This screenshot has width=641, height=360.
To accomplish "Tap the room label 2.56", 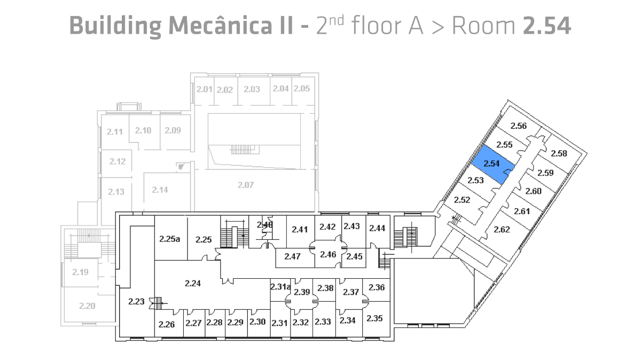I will click(519, 127).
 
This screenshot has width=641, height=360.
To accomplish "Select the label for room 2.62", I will click(502, 230).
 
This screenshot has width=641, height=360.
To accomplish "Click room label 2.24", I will click(192, 284).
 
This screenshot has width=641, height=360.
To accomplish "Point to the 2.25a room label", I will click(169, 239).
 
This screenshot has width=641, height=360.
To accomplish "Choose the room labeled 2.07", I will click(245, 185).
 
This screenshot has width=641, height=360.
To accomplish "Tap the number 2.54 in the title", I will click(546, 25).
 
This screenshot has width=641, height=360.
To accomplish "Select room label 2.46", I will click(327, 254).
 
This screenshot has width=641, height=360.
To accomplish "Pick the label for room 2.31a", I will click(280, 287).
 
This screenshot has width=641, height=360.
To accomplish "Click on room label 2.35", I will click(375, 318).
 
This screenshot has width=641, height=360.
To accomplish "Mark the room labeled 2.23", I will click(136, 302).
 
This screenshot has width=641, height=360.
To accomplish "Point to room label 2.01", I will click(205, 89).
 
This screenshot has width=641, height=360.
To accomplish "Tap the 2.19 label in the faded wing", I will click(80, 272).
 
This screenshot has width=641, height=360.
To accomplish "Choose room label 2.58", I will click(559, 154).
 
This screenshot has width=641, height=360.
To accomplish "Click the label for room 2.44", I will click(377, 228).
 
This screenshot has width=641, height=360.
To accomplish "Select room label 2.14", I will click(160, 190).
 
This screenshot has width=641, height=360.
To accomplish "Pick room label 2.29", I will click(235, 322).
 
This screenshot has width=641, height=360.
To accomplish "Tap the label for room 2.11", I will click(115, 131).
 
